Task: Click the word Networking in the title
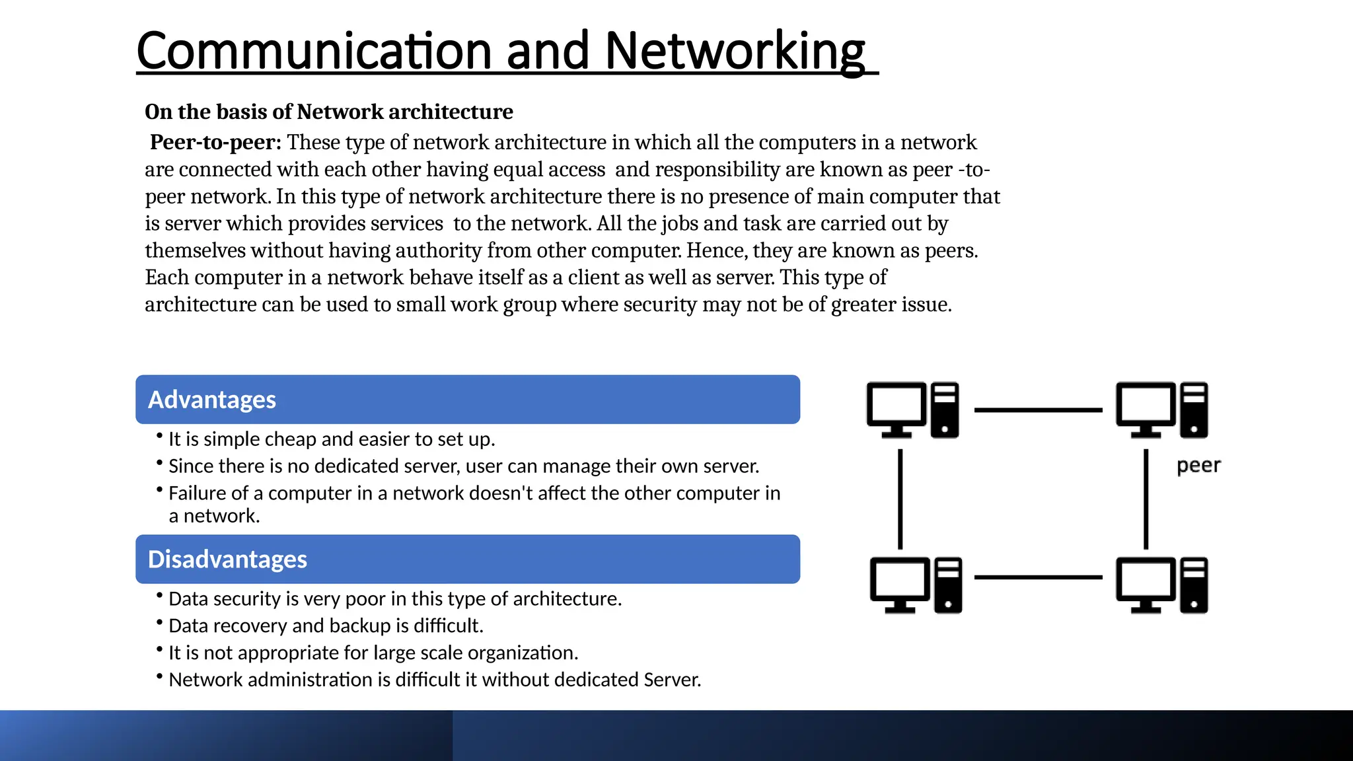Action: click(x=734, y=52)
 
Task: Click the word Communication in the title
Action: click(x=314, y=52)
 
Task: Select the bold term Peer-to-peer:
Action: click(x=215, y=142)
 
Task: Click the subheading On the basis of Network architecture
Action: click(x=328, y=112)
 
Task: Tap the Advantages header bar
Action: click(x=467, y=400)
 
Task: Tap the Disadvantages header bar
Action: click(x=467, y=559)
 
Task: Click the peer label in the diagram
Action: click(x=1198, y=465)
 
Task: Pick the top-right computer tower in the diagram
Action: click(x=1194, y=410)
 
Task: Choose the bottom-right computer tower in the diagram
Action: click(x=1194, y=585)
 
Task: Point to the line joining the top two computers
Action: click(x=1038, y=410)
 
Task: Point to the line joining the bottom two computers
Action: click(x=1038, y=577)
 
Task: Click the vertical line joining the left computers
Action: click(x=900, y=499)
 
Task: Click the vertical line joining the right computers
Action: click(x=1146, y=499)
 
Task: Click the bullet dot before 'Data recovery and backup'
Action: click(x=159, y=622)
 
